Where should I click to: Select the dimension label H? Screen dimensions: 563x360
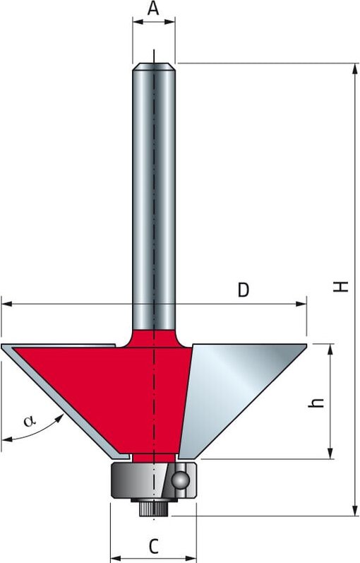(342, 286)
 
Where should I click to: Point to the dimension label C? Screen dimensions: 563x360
(152, 545)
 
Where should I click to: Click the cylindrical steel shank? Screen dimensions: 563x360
(154, 198)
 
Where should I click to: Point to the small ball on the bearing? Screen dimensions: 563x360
(181, 480)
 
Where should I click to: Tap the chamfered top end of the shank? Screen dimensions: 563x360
(154, 67)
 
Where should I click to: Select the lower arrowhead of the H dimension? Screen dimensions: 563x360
(350, 511)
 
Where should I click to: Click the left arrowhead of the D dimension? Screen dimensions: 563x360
(6, 305)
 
